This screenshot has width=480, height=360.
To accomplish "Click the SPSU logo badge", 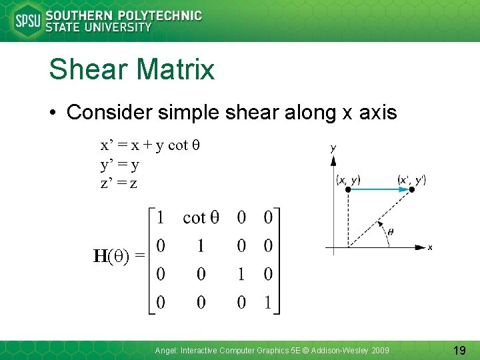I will click(x=28, y=21).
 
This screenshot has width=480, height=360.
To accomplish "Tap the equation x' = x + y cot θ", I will click(x=151, y=145).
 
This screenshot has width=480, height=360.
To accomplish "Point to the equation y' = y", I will click(x=120, y=164).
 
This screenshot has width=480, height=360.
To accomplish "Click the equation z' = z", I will click(x=119, y=183).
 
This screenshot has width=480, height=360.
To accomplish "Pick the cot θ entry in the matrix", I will click(x=201, y=217).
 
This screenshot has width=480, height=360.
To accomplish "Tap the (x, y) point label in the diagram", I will click(x=349, y=179).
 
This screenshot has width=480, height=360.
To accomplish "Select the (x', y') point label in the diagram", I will click(x=411, y=179).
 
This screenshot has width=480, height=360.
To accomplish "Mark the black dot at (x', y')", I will click(x=411, y=190).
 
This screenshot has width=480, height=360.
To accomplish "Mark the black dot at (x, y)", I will click(x=348, y=190).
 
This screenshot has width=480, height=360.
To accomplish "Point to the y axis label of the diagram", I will click(x=333, y=147).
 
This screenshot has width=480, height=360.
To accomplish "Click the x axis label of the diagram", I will click(x=430, y=247).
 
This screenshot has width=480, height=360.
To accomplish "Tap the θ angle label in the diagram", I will click(x=391, y=231).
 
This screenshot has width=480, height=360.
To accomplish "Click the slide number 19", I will click(x=459, y=349).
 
